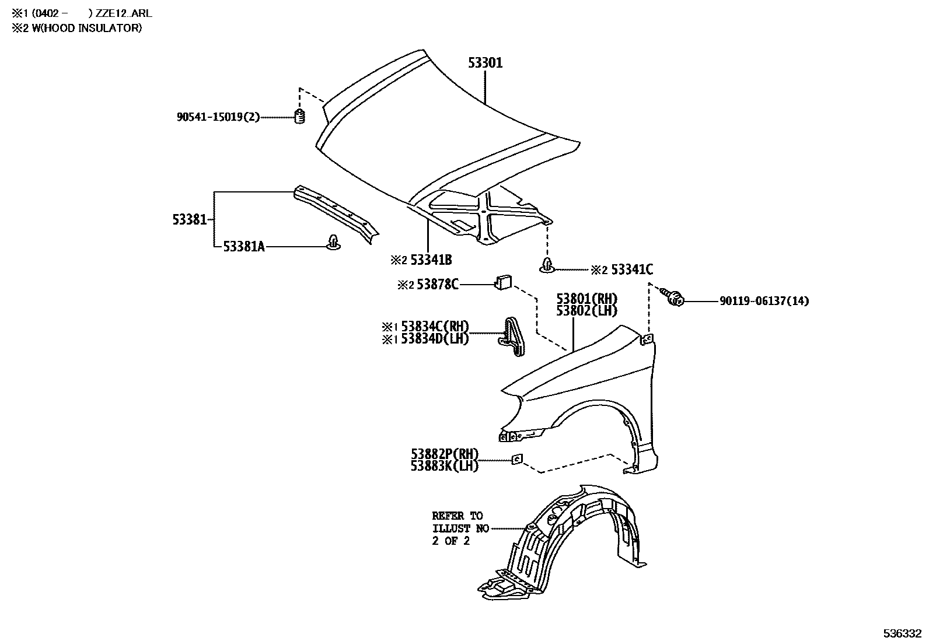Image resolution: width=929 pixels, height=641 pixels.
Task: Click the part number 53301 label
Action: coord(485,63)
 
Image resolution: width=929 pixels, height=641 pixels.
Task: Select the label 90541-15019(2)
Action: coord(218,117)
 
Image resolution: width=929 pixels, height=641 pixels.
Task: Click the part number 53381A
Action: coord(244,247)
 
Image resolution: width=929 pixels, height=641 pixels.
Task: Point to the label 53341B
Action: coord(430,260)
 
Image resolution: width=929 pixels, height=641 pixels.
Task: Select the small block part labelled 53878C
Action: coord(502,282)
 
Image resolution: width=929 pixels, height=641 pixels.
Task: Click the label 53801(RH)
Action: coord(586,299)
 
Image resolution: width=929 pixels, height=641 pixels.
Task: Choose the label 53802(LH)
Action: coord(586,311)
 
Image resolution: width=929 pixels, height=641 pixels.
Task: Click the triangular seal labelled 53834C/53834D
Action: coord(512,337)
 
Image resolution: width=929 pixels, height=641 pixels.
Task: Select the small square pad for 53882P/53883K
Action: coord(516,460)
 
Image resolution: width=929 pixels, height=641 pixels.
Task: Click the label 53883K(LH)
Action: coord(444,466)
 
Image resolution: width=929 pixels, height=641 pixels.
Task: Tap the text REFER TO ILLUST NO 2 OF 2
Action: coord(457,528)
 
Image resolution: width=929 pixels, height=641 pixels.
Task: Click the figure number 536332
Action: coord(902,633)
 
